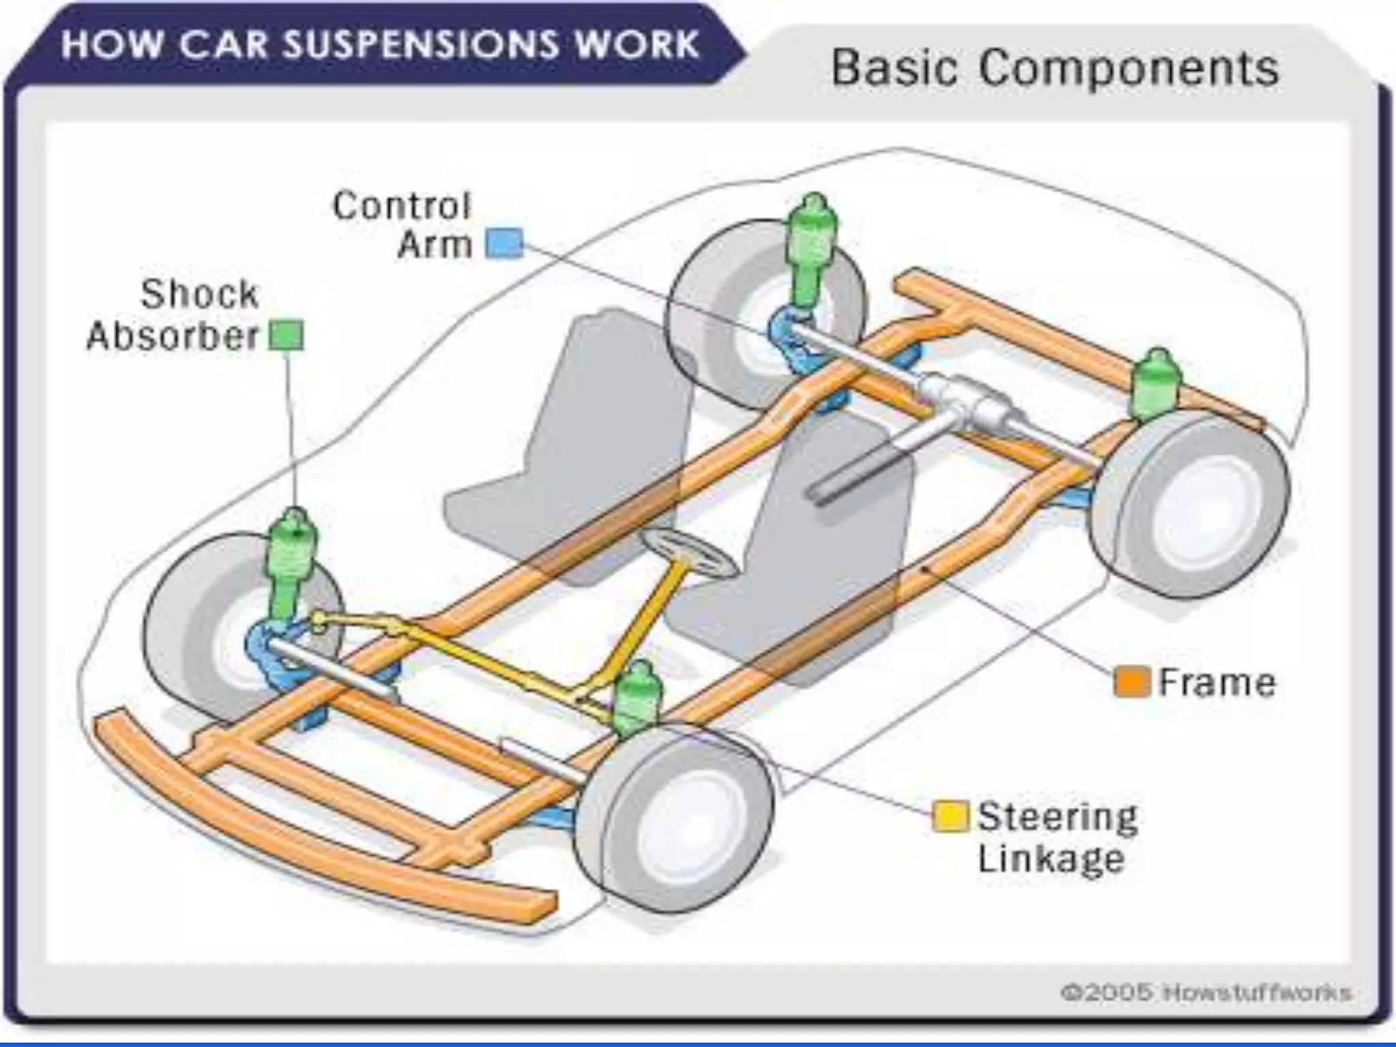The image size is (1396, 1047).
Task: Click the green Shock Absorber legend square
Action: tap(286, 336)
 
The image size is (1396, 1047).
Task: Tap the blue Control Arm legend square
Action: tap(504, 243)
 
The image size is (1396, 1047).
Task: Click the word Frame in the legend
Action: tap(1217, 682)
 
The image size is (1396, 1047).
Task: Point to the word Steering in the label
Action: tap(1057, 817)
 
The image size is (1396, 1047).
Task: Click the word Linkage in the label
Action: tap(1050, 858)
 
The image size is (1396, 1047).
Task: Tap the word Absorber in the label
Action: tap(173, 336)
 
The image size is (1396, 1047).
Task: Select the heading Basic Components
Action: tap(1054, 68)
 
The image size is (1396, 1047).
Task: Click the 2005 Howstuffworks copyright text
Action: tap(1205, 992)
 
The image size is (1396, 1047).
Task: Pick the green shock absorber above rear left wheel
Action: tap(813, 249)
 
